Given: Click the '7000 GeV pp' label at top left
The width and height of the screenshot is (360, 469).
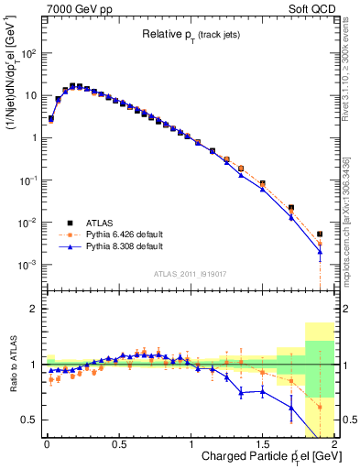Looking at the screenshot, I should pyautogui.click(x=78, y=8).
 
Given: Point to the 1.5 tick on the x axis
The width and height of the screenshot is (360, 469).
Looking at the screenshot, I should pyautogui.click(x=262, y=444).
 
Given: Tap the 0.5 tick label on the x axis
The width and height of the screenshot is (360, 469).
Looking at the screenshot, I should pyautogui.click(x=118, y=444).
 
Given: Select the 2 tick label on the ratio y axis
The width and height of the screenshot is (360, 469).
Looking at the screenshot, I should pyautogui.click(x=34, y=310).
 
